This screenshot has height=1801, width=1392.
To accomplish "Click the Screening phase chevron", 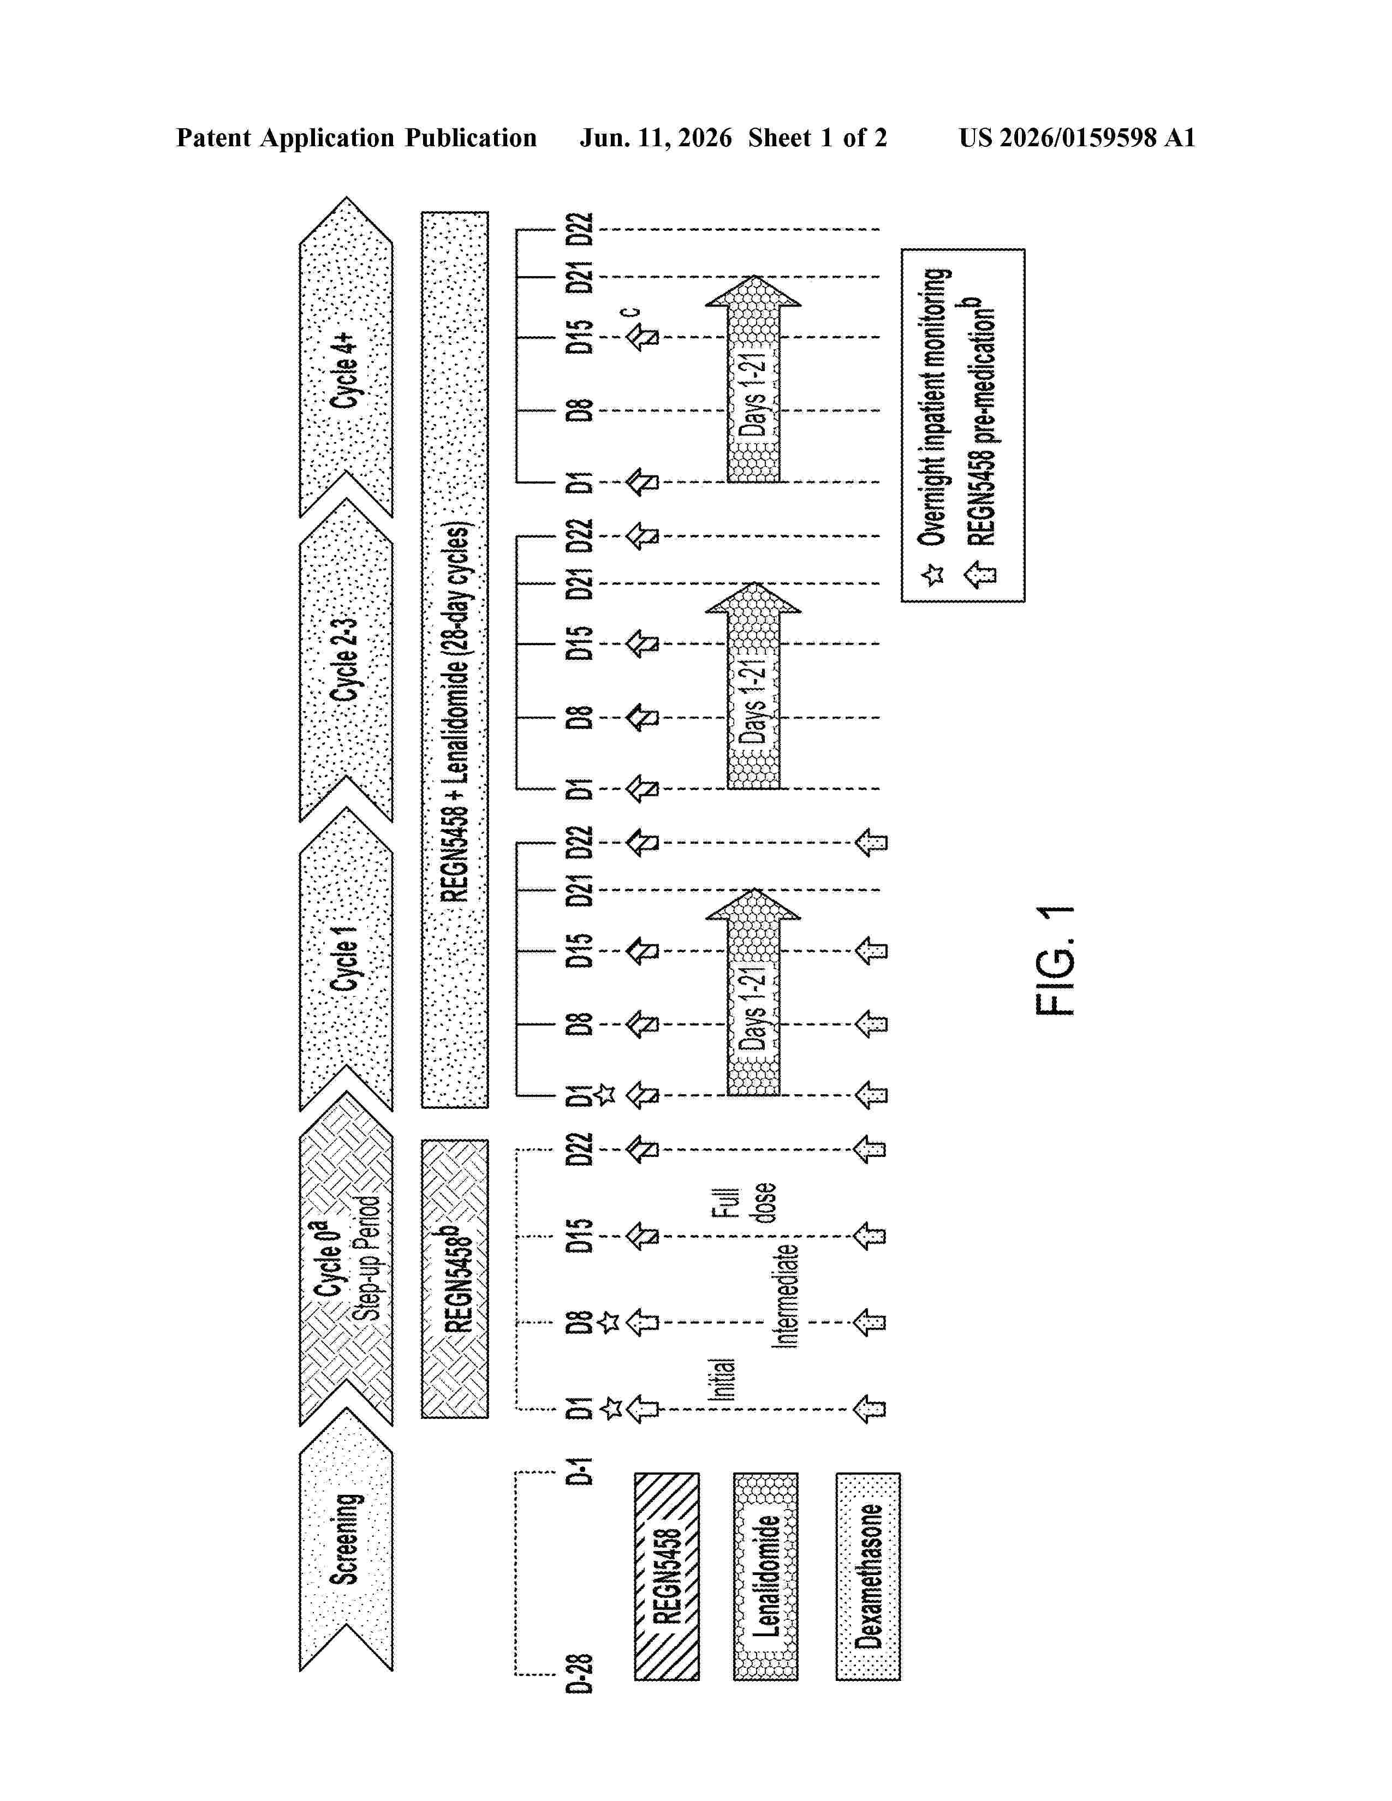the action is (346, 1541).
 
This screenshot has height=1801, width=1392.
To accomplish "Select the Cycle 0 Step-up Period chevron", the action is (346, 1257).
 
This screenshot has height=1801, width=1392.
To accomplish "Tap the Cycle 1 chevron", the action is (346, 958).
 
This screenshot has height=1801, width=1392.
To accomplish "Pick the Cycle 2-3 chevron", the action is (346, 660).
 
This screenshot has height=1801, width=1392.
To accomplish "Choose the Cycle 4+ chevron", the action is (346, 357).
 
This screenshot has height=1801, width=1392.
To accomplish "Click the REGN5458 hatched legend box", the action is (667, 1577).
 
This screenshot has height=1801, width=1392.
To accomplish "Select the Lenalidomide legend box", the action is (766, 1577).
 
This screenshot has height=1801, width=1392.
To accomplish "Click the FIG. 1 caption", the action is (1056, 961).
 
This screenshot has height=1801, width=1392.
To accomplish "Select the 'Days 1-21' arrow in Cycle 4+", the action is (753, 379).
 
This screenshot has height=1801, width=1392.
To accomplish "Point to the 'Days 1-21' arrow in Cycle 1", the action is (753, 992).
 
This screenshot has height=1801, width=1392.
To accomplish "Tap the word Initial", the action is (722, 1380).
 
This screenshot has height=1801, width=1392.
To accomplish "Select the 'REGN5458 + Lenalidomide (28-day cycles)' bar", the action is (454, 660).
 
